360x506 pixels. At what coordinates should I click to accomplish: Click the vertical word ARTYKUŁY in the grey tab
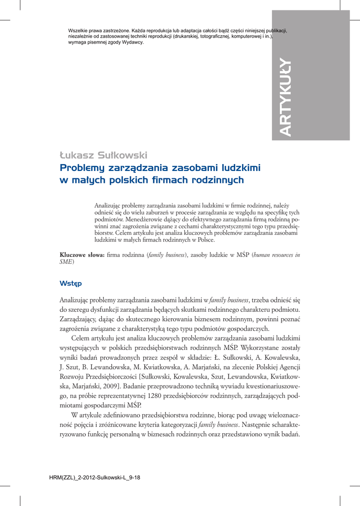[x=285, y=97]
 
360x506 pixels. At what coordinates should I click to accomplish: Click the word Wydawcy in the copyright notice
[x=131, y=42]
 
